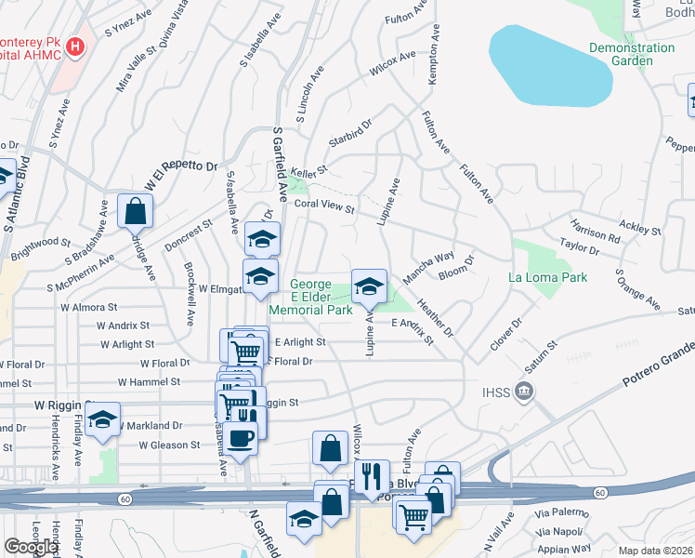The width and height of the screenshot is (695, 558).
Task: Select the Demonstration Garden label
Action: pos(632,54)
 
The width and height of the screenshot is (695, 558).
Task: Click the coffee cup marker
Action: pos(241,437)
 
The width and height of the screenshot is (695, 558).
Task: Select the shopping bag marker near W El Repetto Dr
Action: pos(135,210)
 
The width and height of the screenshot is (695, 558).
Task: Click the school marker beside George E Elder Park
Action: pos(369,286)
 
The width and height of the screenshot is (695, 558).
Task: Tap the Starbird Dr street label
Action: pos(349,134)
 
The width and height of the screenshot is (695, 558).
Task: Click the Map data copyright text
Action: pos(655,551)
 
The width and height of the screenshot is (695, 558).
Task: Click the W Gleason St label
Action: pos(169,445)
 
